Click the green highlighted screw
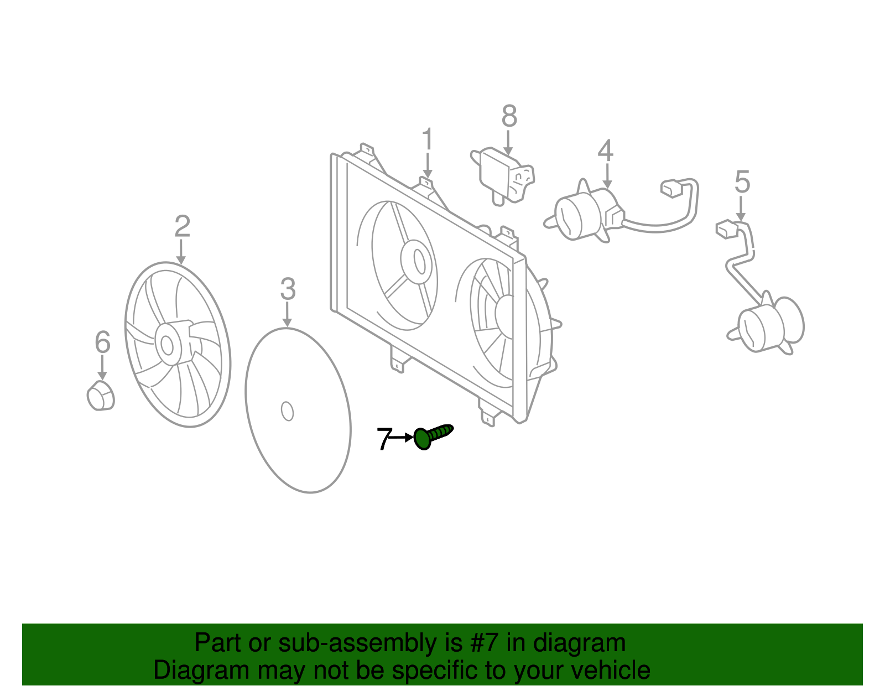431,437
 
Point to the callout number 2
182,227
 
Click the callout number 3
288,289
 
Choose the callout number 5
742,182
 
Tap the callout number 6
103,342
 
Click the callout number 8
509,117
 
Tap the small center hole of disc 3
287,411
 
